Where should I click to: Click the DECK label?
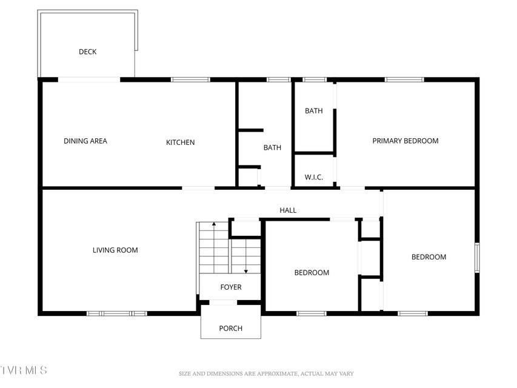[88, 52]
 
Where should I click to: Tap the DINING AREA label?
[85, 141]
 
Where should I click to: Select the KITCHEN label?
[181, 142]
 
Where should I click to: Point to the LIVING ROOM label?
[115, 250]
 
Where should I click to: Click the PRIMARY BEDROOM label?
[405, 141]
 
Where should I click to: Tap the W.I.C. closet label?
[314, 177]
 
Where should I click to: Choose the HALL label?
[288, 210]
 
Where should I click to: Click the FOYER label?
[231, 287]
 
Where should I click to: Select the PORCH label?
[231, 328]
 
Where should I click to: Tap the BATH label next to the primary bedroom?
[314, 111]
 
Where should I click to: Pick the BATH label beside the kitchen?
[272, 147]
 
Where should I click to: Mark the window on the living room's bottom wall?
[117, 313]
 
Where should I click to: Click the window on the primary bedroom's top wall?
[404, 79]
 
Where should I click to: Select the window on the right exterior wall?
[477, 258]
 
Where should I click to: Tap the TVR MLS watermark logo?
[24, 370]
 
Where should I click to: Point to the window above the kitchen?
[190, 79]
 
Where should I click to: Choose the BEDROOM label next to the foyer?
[312, 273]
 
